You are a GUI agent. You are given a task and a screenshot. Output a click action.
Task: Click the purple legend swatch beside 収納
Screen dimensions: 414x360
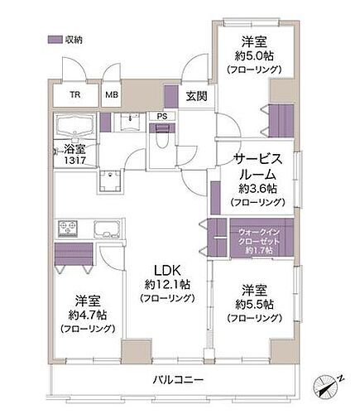coord(55,38)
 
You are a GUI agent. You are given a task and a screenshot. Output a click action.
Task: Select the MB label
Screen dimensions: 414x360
coord(112,94)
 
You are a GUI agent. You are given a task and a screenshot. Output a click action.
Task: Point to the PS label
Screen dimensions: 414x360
coord(162,117)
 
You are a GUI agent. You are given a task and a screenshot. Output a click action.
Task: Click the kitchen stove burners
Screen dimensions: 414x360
coord(67,229)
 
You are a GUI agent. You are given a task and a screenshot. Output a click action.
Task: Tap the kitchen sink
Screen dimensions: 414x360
coord(105,229)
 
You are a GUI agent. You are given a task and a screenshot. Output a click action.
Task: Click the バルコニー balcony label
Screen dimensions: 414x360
coord(178,380)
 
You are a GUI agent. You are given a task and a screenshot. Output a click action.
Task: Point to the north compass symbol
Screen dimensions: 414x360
coord(329,383)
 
